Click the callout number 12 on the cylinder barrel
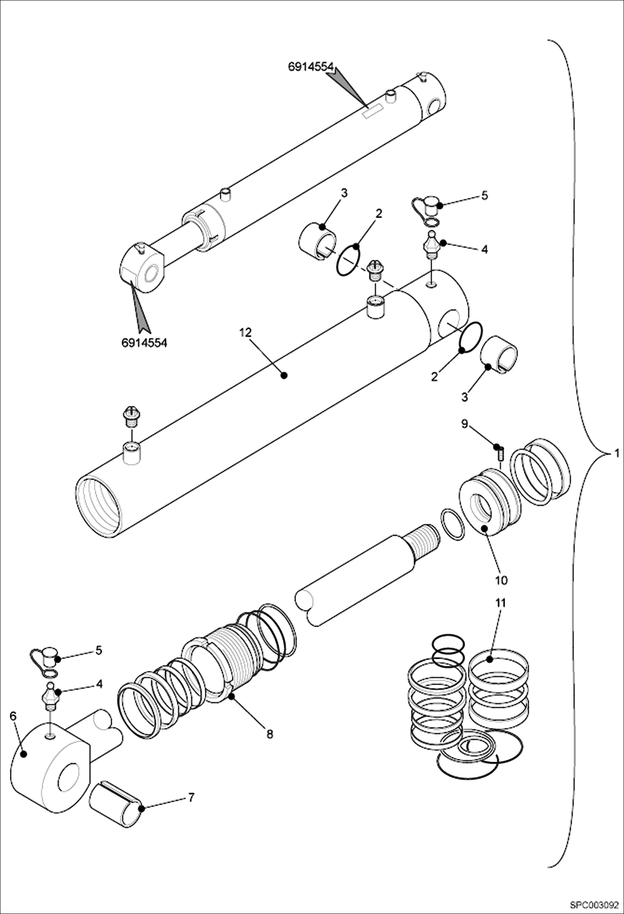(246, 332)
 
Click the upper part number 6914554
(311, 66)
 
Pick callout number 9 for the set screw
(464, 424)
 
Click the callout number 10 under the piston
(501, 580)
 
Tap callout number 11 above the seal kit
(501, 603)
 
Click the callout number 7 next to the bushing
(191, 797)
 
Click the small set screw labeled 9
(501, 453)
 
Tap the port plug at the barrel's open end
(132, 417)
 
